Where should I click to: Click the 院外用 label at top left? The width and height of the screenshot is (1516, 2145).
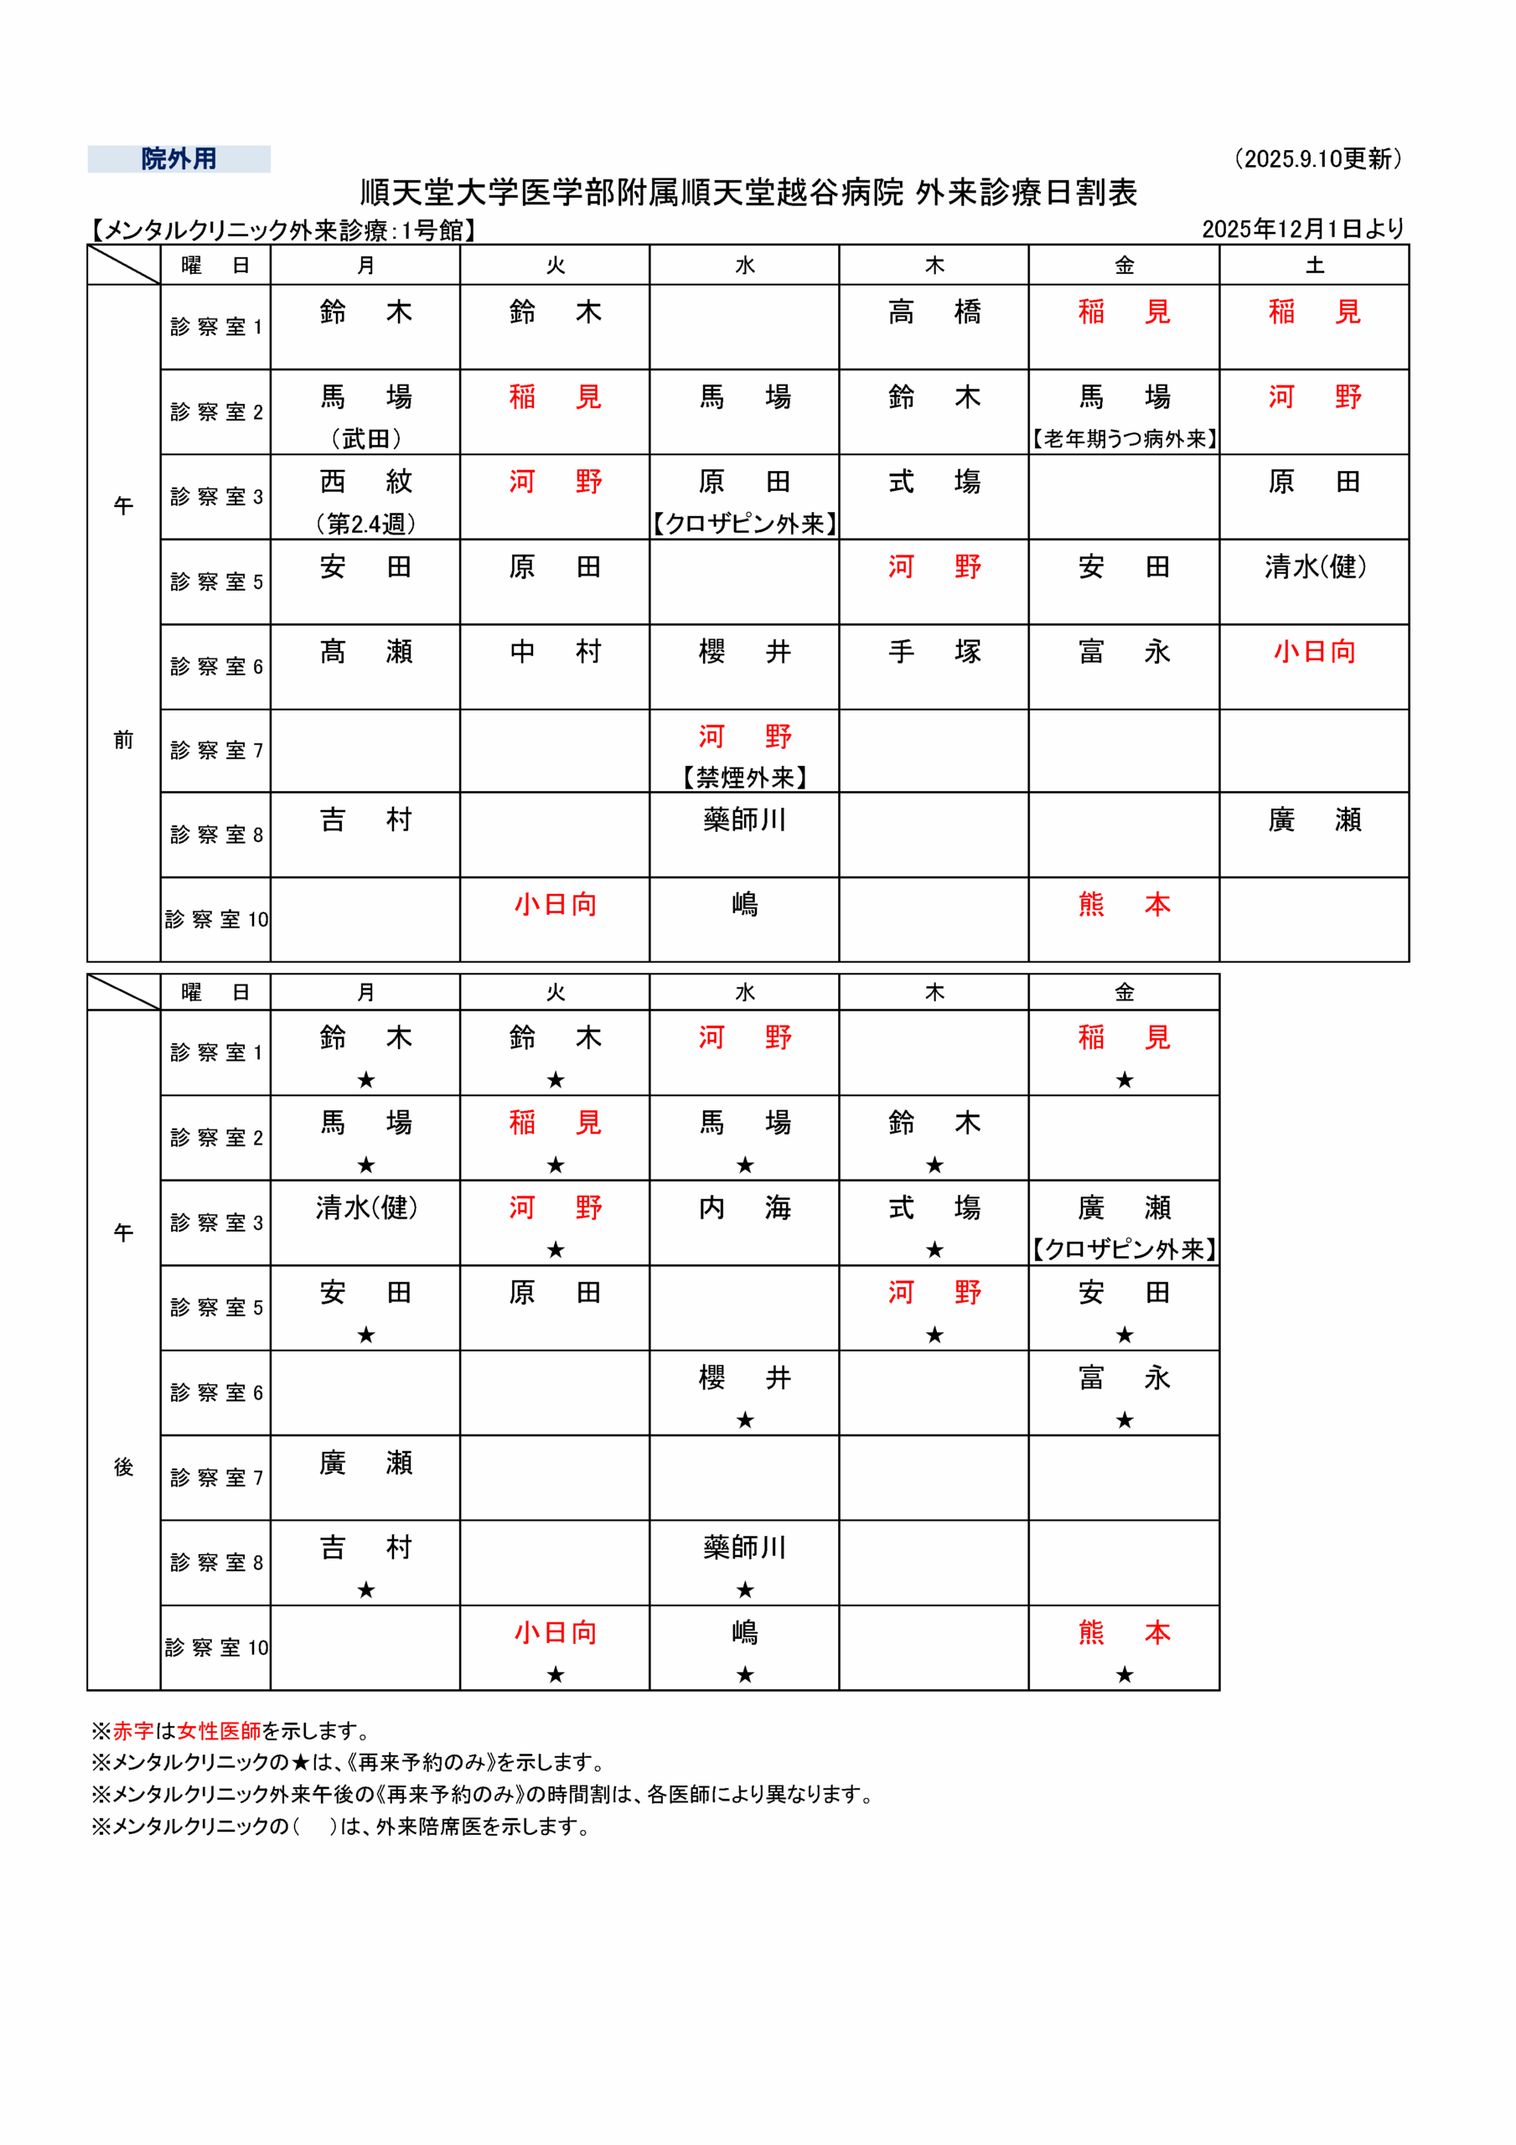[179, 159]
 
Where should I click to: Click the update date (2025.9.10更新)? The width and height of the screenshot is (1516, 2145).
[1318, 159]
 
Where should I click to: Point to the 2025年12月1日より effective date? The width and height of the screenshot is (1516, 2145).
[1303, 229]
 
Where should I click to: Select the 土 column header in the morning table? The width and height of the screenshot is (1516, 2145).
[1314, 266]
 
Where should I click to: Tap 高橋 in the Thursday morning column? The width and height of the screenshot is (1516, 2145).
[934, 312]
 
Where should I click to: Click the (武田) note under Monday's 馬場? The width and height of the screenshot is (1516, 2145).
[365, 438]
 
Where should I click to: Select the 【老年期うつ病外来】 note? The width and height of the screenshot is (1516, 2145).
[1125, 438]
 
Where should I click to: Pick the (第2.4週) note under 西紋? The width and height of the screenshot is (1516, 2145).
[365, 523]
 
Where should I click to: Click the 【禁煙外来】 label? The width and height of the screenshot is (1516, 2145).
[744, 778]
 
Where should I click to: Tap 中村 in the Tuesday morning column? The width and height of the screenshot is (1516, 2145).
[555, 652]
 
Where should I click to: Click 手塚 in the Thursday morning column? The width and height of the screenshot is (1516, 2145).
[934, 652]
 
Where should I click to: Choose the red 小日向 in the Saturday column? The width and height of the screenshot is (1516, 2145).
[1314, 652]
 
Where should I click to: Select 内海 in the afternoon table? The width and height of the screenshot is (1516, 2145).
[744, 1208]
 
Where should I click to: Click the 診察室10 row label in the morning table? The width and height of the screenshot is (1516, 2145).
[216, 919]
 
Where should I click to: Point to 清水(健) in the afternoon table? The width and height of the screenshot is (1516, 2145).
[365, 1208]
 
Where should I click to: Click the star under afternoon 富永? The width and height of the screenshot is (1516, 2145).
[1125, 1420]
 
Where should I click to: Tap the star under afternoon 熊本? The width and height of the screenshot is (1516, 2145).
[1125, 1675]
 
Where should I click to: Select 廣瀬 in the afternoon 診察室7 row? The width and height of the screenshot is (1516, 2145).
[365, 1463]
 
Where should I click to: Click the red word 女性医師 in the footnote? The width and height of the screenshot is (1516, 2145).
[219, 1730]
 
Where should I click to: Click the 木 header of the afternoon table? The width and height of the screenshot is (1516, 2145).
[934, 992]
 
